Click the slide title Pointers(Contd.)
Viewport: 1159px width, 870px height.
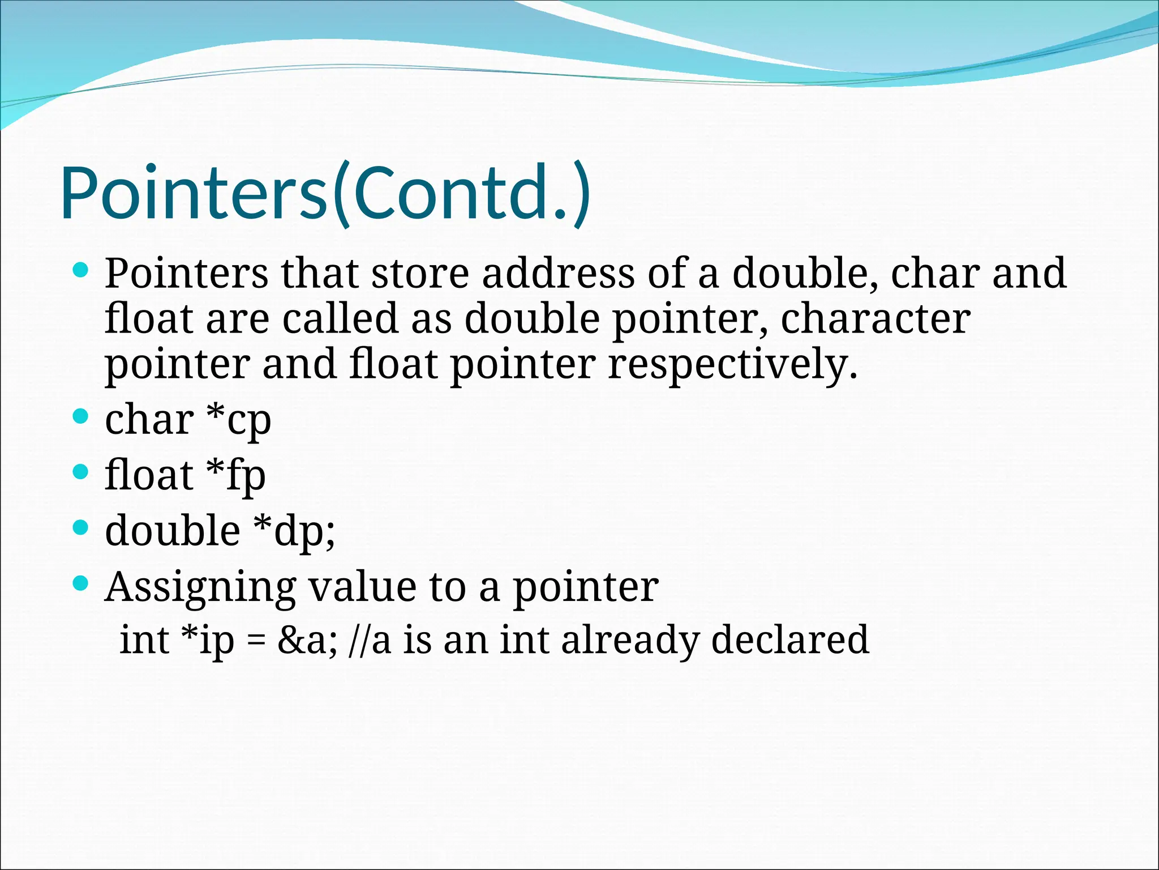pyautogui.click(x=325, y=193)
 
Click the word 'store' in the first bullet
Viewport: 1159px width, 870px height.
pyautogui.click(x=420, y=274)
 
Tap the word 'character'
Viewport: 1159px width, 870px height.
pyautogui.click(x=875, y=319)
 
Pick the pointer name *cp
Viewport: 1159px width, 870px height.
pyautogui.click(x=238, y=420)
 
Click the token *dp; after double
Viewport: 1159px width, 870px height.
pyautogui.click(x=294, y=531)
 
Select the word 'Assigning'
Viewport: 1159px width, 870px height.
pyautogui.click(x=200, y=587)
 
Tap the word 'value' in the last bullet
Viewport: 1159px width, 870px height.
pyautogui.click(x=362, y=587)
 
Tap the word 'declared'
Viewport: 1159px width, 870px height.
pyautogui.click(x=789, y=640)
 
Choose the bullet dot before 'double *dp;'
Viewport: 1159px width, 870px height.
pyautogui.click(x=81, y=527)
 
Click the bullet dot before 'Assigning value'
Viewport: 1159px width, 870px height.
pyautogui.click(x=81, y=583)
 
